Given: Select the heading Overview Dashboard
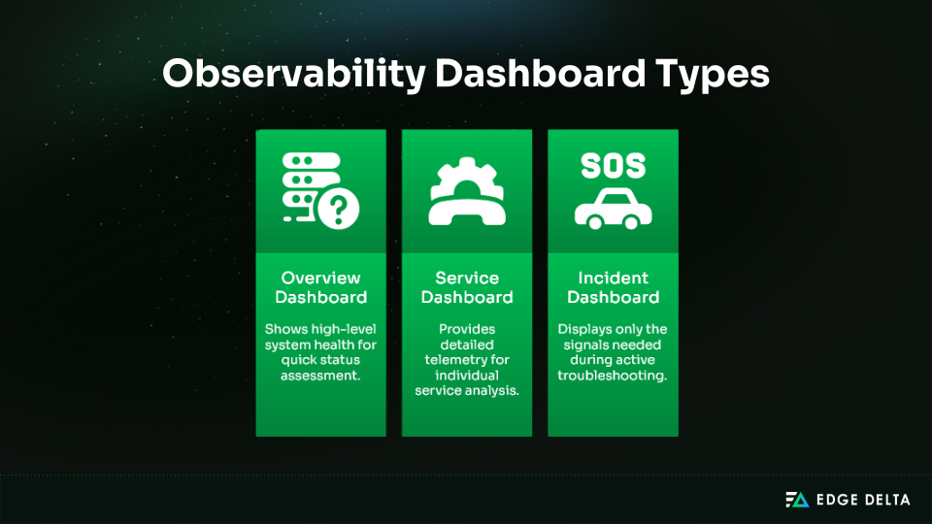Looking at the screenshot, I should click(320, 287).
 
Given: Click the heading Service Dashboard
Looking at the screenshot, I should click(467, 287).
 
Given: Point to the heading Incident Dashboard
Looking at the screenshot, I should click(613, 287).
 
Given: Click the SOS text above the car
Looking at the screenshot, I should click(613, 166).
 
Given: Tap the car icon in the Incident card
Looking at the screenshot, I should click(613, 209).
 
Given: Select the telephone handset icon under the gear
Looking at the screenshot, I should click(467, 206).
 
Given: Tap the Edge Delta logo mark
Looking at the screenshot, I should click(797, 500).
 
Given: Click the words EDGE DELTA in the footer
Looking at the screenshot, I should click(863, 500).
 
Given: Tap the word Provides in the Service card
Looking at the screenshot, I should click(467, 329).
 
